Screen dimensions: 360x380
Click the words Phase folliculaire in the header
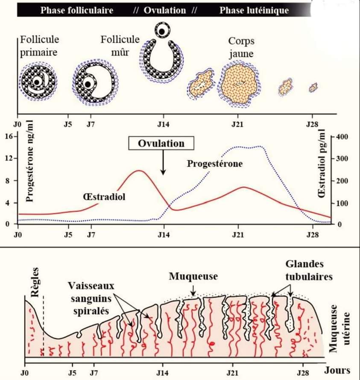click(x=76, y=10)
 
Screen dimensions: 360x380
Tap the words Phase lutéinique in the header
click(x=254, y=10)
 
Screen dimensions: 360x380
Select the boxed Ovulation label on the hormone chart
click(x=161, y=143)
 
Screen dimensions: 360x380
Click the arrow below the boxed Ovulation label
click(x=163, y=162)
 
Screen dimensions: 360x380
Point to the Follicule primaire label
click(x=39, y=46)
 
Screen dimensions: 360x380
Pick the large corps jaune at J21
click(x=239, y=84)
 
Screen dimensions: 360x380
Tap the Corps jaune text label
click(x=241, y=47)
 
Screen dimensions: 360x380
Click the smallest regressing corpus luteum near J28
click(x=313, y=88)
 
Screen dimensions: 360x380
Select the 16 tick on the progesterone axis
click(x=9, y=136)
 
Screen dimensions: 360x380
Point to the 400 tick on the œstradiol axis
click(x=342, y=137)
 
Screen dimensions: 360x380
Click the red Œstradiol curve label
click(x=104, y=196)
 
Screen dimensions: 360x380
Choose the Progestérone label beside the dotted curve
click(x=215, y=164)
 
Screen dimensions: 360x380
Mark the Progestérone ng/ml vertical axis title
click(x=29, y=161)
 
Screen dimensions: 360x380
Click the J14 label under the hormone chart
click(x=164, y=235)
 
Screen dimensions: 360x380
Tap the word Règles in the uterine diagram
click(x=35, y=282)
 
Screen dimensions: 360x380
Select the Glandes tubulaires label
click(x=309, y=270)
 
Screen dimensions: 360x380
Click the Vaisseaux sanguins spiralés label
click(x=91, y=298)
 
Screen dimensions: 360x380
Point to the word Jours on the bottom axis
click(x=337, y=370)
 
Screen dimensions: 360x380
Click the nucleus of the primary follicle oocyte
click(x=37, y=82)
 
